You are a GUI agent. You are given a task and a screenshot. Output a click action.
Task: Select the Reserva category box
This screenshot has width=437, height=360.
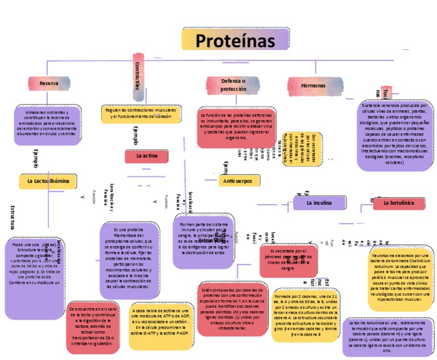(49, 84)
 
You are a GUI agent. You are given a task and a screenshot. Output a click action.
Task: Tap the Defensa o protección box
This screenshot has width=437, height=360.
(233, 85)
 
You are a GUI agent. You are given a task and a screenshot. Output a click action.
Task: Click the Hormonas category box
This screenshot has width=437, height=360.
(314, 85)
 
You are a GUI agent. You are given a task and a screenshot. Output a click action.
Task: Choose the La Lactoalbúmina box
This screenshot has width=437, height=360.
(48, 181)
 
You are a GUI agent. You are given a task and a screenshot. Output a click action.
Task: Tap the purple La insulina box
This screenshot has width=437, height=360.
(319, 202)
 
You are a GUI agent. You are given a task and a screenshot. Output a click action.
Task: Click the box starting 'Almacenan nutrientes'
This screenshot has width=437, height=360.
(47, 124)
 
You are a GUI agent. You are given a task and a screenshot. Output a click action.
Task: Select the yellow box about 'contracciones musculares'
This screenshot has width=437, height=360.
(142, 113)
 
